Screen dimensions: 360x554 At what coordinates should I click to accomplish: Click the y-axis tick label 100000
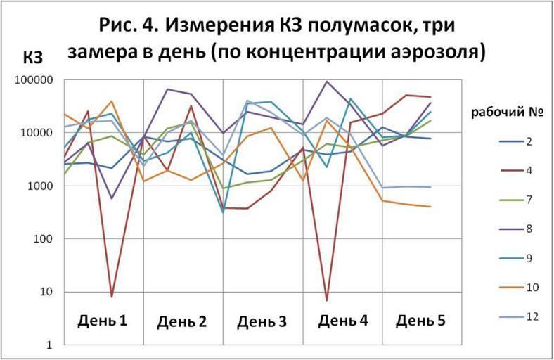click(x=33, y=80)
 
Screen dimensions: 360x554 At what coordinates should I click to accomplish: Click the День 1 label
click(x=102, y=321)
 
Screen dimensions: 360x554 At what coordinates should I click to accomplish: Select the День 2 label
click(x=181, y=322)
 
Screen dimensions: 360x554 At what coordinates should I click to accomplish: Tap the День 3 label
click(x=262, y=322)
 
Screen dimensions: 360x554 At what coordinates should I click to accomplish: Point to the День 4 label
click(x=342, y=321)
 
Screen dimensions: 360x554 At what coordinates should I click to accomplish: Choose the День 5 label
click(x=420, y=321)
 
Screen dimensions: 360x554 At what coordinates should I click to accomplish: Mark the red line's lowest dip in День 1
click(x=111, y=297)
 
